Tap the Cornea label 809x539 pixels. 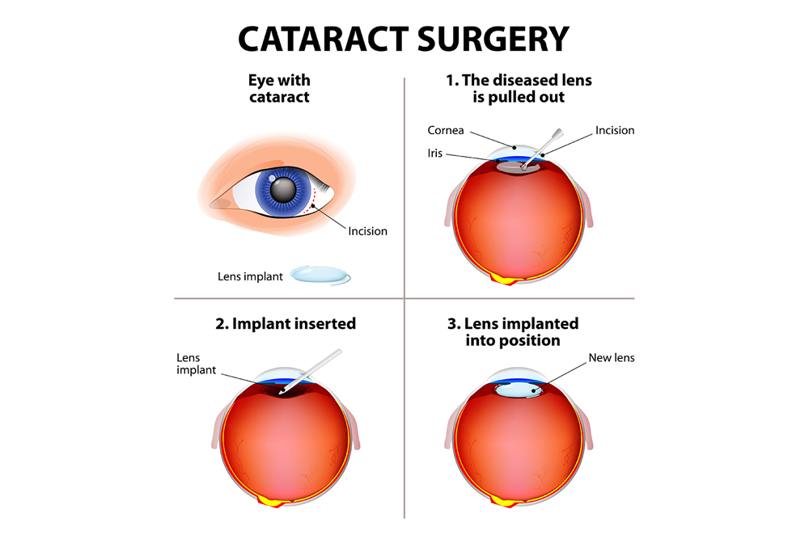447,130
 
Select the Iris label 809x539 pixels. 435,153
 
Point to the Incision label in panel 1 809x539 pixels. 615,130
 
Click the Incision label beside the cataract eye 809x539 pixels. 368,231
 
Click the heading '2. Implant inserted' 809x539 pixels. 286,323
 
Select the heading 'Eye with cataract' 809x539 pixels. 279,89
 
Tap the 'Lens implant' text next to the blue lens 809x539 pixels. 250,276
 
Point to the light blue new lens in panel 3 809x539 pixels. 519,390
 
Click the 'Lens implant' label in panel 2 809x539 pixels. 197,364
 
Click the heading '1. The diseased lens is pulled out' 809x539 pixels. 519,89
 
